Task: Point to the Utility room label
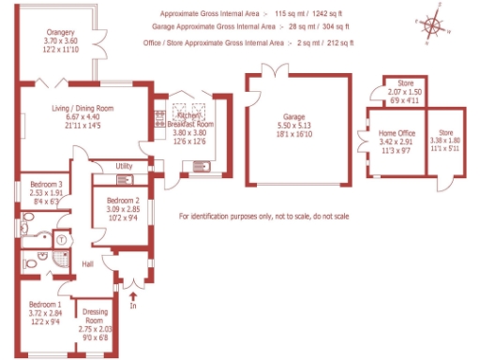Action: point(124,166)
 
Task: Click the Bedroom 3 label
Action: point(46,184)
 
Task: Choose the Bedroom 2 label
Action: point(123,201)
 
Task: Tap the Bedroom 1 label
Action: point(45,305)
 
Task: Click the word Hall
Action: point(88,264)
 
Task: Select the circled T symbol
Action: point(61,239)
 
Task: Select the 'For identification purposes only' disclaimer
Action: point(263,217)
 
